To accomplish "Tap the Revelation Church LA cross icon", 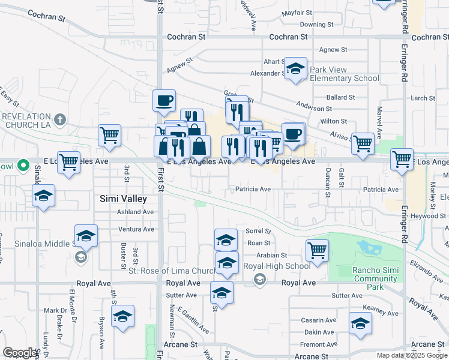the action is [59, 120].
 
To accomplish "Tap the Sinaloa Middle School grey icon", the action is [80, 257].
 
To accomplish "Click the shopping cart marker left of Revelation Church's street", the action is [110, 136].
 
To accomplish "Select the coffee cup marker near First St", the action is [164, 101].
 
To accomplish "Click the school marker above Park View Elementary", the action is [295, 68].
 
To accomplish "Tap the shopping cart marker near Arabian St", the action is [317, 250].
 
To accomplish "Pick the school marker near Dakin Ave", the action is [360, 323].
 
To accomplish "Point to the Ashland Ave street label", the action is [136, 212].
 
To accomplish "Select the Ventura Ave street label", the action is [136, 229].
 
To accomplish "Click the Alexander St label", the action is [266, 73].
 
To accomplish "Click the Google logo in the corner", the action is [20, 353].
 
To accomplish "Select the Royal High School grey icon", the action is [259, 279].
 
